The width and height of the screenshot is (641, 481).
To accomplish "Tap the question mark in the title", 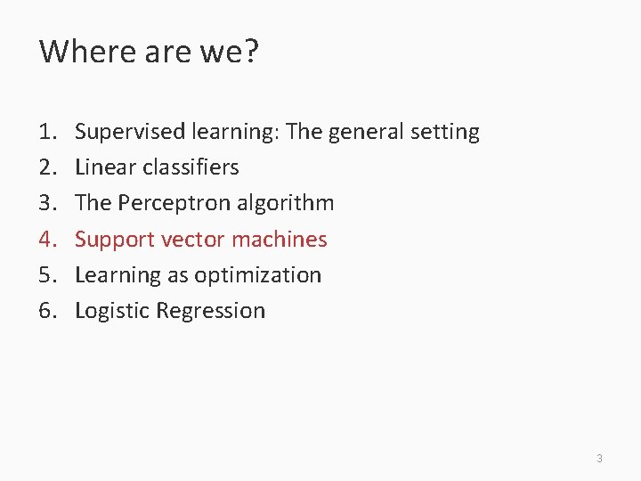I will click(x=249, y=52).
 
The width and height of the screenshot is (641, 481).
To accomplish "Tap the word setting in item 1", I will click(x=445, y=133).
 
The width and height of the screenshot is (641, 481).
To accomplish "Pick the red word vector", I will click(x=194, y=240).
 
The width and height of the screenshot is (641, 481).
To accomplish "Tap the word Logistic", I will click(x=111, y=311).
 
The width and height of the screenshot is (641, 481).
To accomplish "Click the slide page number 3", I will click(x=599, y=459).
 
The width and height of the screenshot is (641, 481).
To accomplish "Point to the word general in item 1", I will click(x=366, y=133).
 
